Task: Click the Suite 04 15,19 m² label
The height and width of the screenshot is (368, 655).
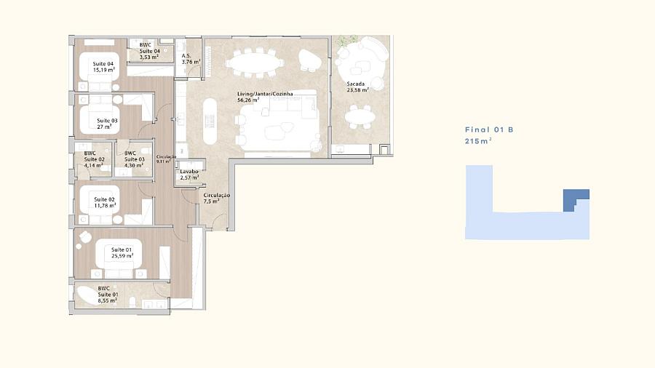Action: pos(103,67)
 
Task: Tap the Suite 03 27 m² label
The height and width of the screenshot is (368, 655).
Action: pos(107,124)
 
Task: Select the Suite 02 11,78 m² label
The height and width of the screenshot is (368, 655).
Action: pos(104,202)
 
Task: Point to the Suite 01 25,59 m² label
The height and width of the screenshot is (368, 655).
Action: pos(122,253)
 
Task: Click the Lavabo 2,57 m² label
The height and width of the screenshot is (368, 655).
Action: pos(189,175)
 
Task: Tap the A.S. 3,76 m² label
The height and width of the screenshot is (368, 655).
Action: pos(191,59)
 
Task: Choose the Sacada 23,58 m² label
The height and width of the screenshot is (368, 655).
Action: pos(357,87)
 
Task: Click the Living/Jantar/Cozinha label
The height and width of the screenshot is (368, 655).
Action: pos(265,94)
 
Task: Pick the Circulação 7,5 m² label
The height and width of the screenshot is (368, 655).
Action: pos(216,199)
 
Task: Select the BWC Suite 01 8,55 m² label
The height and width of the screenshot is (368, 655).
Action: pos(108,294)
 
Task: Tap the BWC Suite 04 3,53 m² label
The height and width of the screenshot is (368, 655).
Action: pos(149,51)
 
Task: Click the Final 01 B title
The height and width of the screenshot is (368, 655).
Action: pos(489,129)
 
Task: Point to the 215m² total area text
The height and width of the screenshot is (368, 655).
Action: pos(478,141)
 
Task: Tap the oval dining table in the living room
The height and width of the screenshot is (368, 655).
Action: pos(254,63)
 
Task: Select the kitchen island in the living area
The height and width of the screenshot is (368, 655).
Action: pos(210,121)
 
